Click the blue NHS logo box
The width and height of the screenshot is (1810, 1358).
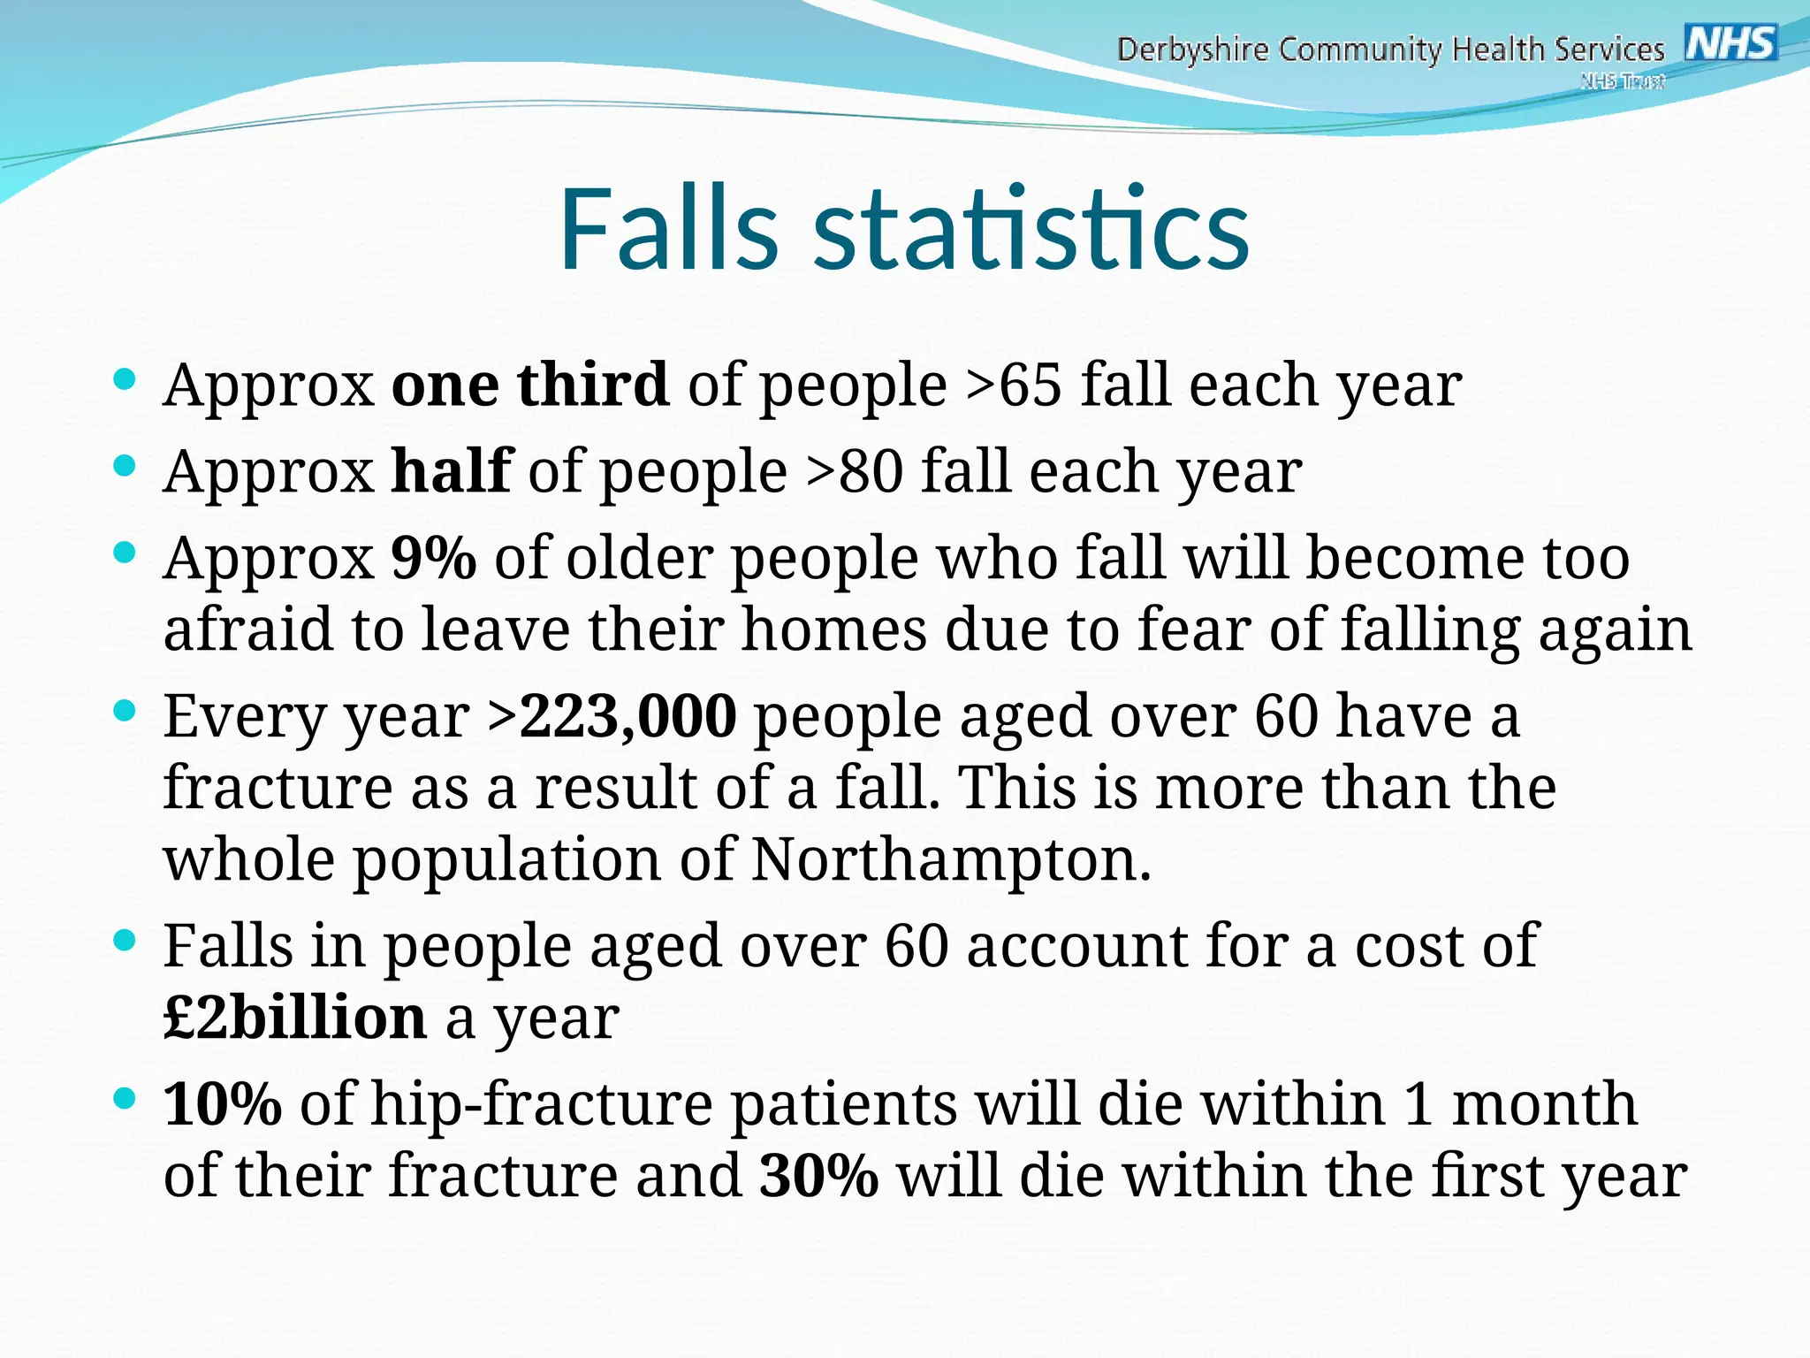click(1730, 42)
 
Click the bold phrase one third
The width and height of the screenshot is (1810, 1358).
click(529, 385)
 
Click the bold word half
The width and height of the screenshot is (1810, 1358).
click(451, 471)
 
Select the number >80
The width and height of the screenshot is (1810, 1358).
click(854, 471)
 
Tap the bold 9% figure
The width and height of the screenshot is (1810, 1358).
click(433, 558)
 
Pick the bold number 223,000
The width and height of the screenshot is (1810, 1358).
click(627, 715)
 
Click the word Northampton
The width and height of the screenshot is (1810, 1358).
click(951, 859)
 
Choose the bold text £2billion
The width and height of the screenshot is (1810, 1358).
click(295, 1018)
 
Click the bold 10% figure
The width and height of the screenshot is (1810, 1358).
click(223, 1103)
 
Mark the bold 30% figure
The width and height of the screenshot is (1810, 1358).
click(818, 1176)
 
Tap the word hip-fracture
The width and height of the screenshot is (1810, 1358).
click(541, 1105)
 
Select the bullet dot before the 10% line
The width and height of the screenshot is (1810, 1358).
click(125, 1099)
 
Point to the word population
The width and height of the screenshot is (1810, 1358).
click(507, 861)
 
